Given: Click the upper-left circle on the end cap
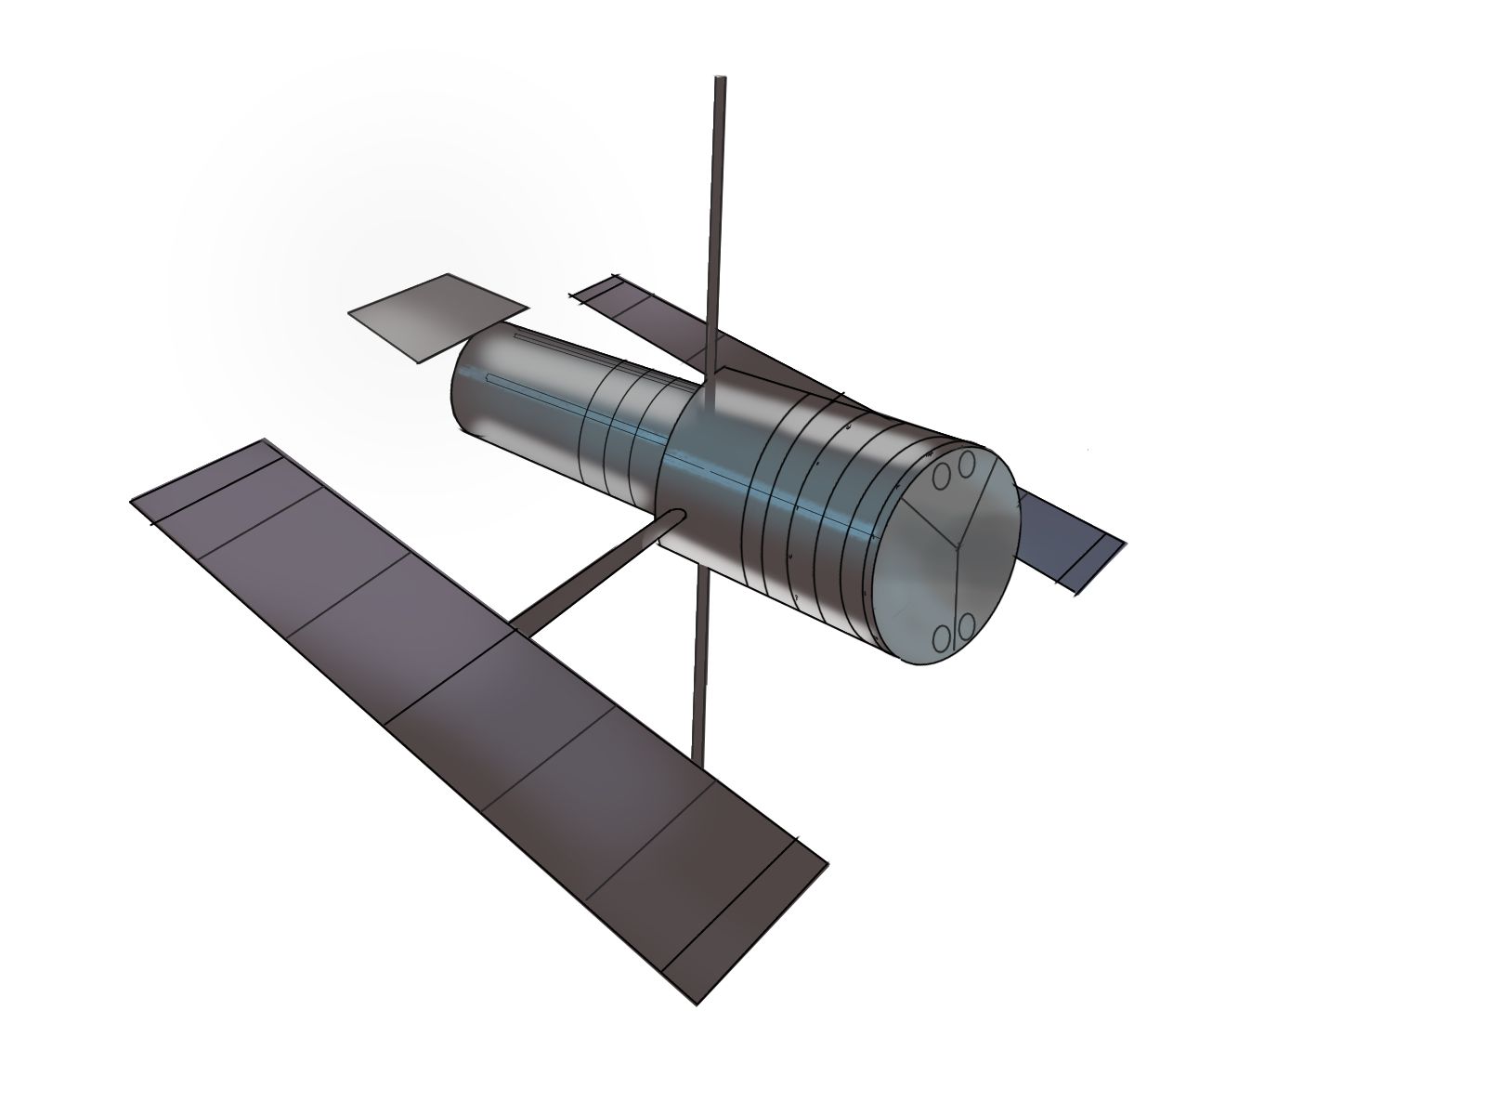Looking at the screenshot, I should pyautogui.click(x=942, y=477).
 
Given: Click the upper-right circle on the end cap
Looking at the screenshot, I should pyautogui.click(x=966, y=463).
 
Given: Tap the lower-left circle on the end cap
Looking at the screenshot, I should pyautogui.click(x=942, y=637).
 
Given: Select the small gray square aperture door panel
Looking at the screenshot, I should pyautogui.click(x=437, y=316).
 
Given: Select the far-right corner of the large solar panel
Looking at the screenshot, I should pyautogui.click(x=827, y=862).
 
